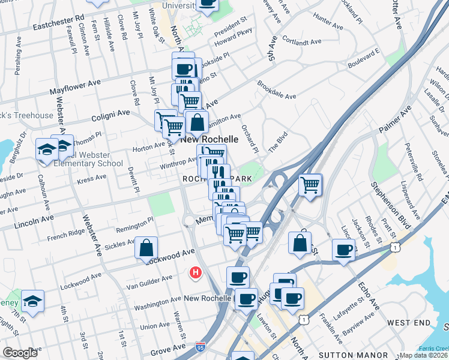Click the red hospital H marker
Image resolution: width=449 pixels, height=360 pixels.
tap(194, 273)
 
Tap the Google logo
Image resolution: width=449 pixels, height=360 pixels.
tap(20, 353)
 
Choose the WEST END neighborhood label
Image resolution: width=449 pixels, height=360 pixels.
tap(409, 323)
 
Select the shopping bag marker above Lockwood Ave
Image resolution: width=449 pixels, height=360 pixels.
tap(146, 248)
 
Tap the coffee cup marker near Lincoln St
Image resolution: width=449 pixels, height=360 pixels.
tap(343, 250)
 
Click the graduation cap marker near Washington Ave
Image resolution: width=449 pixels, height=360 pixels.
tap(33, 301)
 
